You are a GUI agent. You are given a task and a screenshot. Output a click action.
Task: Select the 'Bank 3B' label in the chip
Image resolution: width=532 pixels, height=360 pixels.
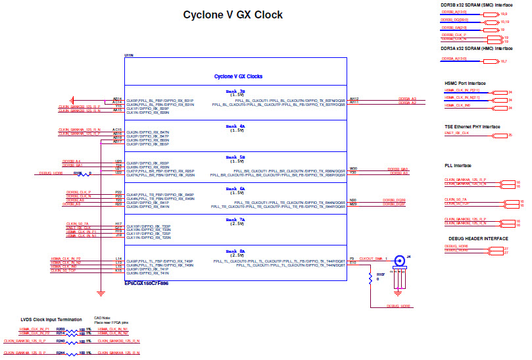click(235, 91)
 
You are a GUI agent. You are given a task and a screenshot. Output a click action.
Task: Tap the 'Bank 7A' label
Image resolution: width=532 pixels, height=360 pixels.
click(235, 220)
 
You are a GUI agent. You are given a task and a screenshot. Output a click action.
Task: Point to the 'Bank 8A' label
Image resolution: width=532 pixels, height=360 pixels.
click(235, 251)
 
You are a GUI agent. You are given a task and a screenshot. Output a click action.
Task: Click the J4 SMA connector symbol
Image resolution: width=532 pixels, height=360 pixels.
click(399, 261)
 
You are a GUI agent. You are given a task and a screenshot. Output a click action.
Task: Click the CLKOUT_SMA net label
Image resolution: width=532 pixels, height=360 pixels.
click(372, 259)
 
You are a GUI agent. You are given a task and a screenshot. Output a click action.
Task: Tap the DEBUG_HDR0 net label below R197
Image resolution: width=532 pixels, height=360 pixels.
click(399, 306)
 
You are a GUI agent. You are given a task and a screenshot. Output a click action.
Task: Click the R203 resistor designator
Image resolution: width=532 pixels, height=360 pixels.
click(60, 328)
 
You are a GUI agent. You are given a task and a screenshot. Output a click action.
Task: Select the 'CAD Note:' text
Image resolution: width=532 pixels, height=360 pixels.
click(102, 317)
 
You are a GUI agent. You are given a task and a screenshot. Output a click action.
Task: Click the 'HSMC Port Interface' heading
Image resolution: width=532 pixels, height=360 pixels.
click(465, 84)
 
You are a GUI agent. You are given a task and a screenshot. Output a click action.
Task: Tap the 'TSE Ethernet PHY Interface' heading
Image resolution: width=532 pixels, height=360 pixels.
click(472, 126)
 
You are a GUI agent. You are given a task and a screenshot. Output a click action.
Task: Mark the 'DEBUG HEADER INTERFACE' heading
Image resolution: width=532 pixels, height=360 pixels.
click(478, 238)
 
